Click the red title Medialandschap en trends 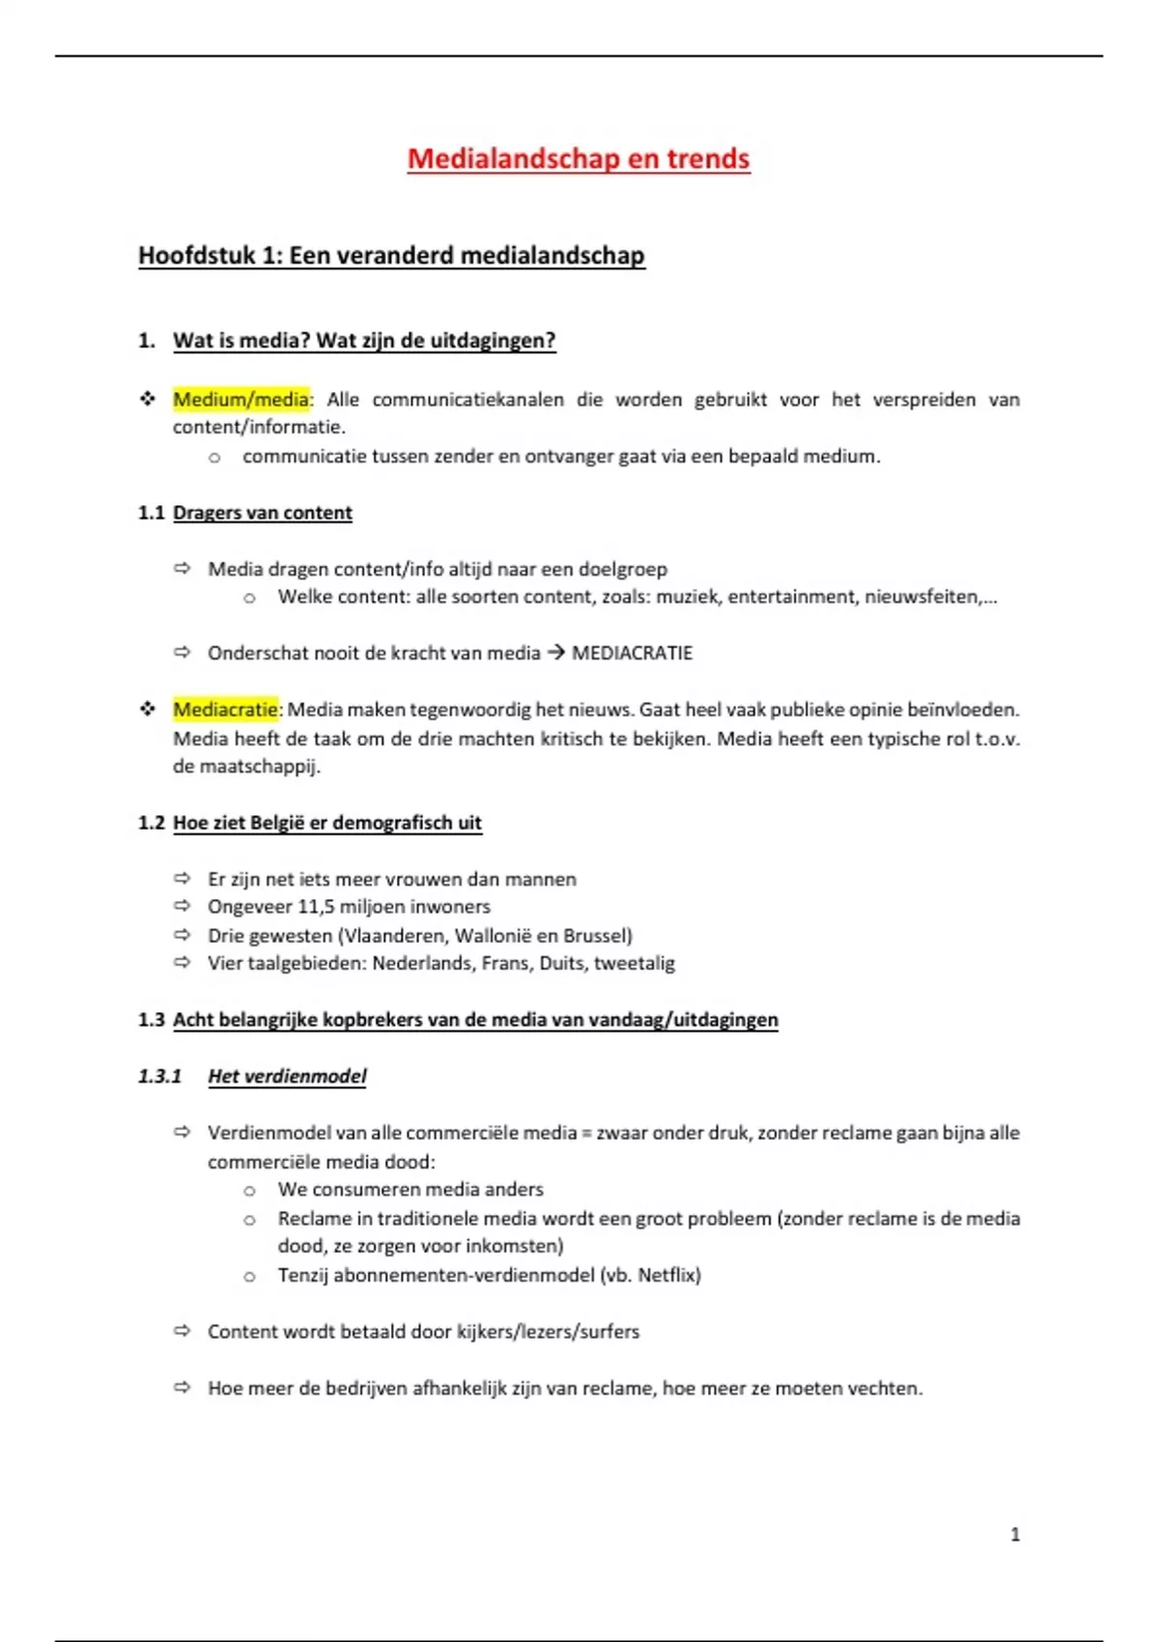pyautogui.click(x=578, y=159)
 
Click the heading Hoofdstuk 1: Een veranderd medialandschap pyautogui.click(x=391, y=256)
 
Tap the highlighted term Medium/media pyautogui.click(x=240, y=399)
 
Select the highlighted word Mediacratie pyautogui.click(x=225, y=710)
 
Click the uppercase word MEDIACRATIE pyautogui.click(x=632, y=654)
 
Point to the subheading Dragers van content pyautogui.click(x=262, y=513)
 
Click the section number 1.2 pyautogui.click(x=152, y=823)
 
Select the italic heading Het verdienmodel pyautogui.click(x=287, y=1076)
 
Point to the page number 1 pyautogui.click(x=1014, y=1534)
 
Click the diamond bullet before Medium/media pyautogui.click(x=147, y=398)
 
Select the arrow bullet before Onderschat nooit pyautogui.click(x=182, y=653)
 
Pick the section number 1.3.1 pyautogui.click(x=159, y=1076)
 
